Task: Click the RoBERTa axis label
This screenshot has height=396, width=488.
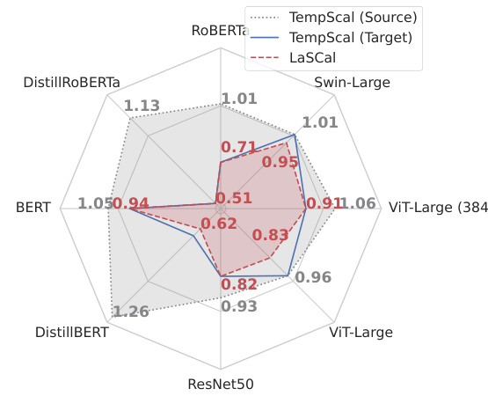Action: click(x=219, y=31)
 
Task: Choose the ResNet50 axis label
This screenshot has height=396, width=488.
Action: click(x=220, y=385)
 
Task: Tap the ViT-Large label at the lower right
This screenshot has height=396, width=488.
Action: click(x=361, y=333)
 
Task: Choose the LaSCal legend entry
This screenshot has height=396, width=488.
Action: click(x=314, y=57)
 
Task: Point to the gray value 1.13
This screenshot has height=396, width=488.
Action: click(x=142, y=106)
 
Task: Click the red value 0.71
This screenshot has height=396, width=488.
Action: click(x=239, y=147)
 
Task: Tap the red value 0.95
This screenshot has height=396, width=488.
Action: click(x=280, y=162)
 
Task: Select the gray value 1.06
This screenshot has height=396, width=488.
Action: click(x=358, y=204)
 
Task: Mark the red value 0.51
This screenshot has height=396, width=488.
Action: click(x=234, y=199)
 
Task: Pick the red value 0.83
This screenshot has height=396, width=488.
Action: click(x=270, y=235)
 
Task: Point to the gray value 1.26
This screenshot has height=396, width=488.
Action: click(x=131, y=312)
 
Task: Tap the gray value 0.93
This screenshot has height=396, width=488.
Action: click(x=239, y=306)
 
